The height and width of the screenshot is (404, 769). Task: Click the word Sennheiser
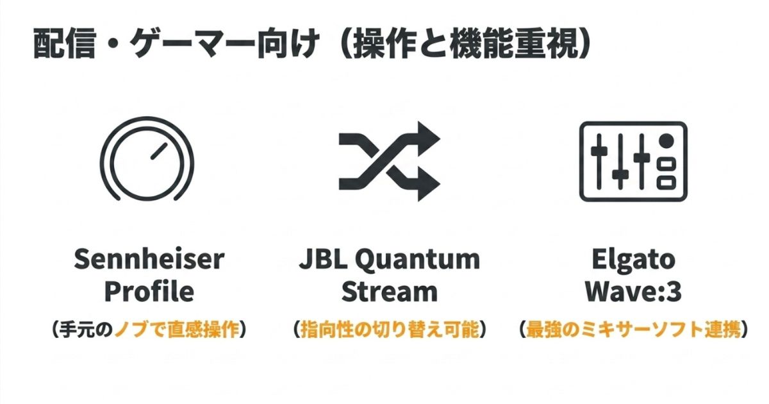click(149, 259)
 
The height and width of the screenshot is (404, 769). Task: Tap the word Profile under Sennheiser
click(149, 292)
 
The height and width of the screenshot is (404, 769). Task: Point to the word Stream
click(390, 292)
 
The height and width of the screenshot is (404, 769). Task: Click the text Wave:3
click(633, 292)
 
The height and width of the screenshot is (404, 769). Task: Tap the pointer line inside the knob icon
click(160, 151)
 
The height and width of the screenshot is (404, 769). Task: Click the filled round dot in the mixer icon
click(666, 141)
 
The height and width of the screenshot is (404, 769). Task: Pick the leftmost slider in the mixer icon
click(599, 162)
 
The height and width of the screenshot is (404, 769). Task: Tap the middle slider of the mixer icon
click(620, 162)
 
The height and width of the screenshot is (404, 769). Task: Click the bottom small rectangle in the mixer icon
click(666, 182)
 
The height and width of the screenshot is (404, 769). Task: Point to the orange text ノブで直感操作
click(176, 330)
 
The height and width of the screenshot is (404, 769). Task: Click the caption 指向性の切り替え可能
click(390, 330)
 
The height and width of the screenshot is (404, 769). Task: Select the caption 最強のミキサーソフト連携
click(633, 330)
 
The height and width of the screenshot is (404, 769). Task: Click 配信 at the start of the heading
click(64, 45)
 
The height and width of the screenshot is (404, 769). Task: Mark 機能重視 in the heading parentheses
click(513, 45)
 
